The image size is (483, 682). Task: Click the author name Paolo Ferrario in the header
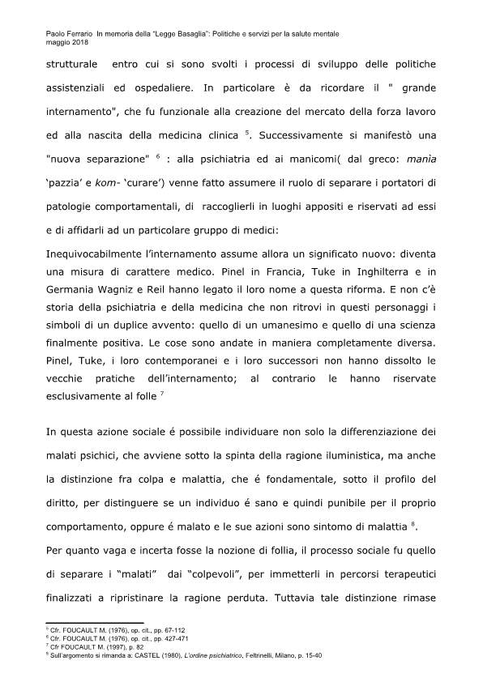click(x=65, y=33)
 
